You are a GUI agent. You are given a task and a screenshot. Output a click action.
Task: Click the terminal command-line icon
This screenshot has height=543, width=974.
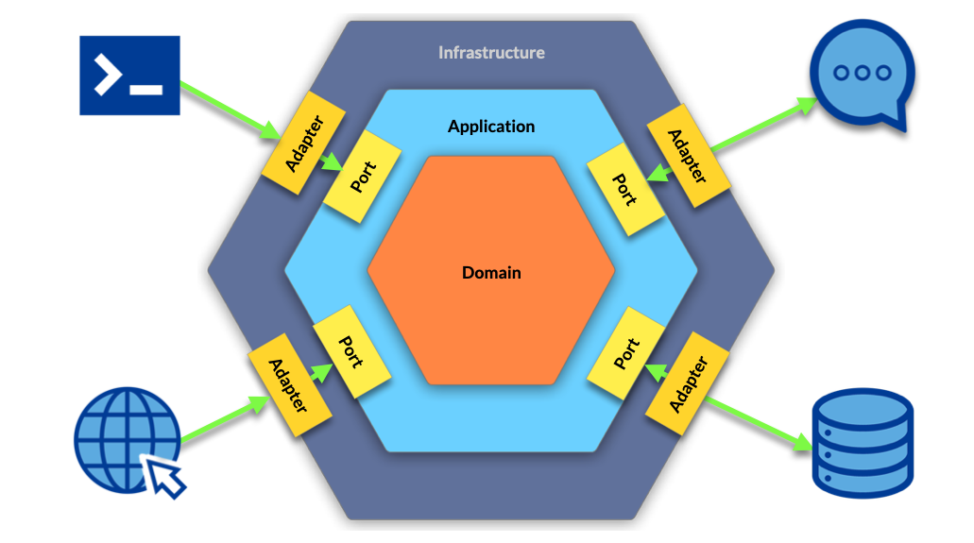[x=129, y=76]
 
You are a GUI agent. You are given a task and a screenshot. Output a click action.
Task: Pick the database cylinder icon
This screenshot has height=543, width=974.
[x=863, y=448]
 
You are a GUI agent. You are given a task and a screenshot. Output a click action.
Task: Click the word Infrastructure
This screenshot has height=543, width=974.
[x=491, y=53]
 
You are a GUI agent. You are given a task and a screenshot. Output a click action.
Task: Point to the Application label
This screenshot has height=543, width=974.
[x=491, y=127]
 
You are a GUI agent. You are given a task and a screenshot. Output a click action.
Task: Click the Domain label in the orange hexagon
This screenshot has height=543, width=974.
[x=491, y=273]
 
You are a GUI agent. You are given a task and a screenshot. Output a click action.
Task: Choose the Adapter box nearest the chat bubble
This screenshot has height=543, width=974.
[x=686, y=154]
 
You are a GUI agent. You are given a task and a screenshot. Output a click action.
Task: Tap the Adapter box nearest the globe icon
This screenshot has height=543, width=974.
[x=289, y=385]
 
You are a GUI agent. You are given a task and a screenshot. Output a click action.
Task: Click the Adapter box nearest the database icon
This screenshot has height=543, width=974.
[x=689, y=383]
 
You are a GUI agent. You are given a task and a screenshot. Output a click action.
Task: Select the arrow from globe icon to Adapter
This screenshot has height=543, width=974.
[x=222, y=420]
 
